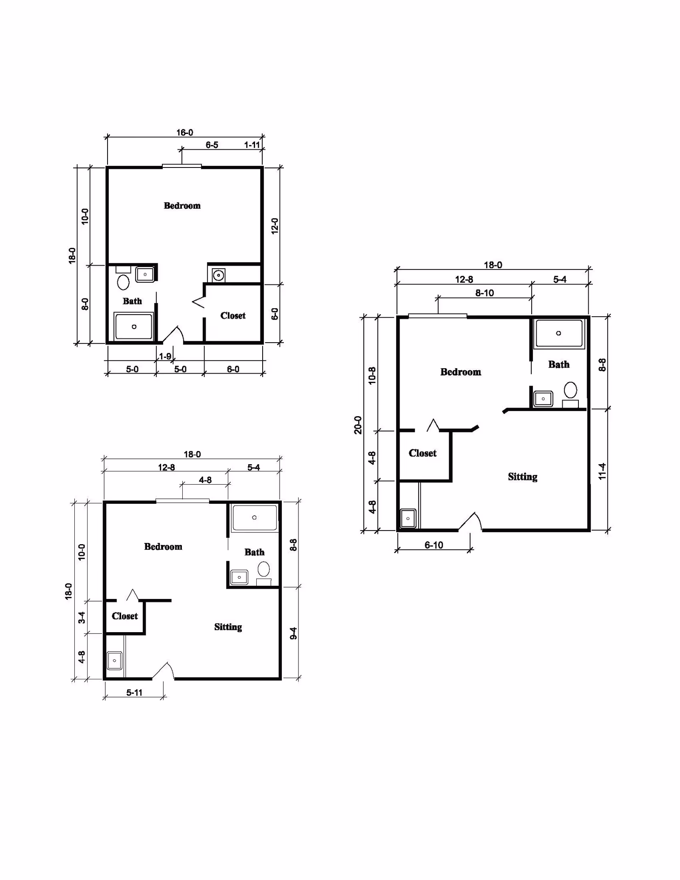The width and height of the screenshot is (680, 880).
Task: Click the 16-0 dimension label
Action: pyautogui.click(x=185, y=133)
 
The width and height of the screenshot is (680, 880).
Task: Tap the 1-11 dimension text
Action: pyautogui.click(x=252, y=145)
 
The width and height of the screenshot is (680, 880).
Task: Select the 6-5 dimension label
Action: pyautogui.click(x=212, y=145)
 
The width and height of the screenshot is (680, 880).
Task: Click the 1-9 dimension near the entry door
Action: pyautogui.click(x=165, y=356)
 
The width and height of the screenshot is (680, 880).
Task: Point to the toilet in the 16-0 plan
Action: pyautogui.click(x=123, y=282)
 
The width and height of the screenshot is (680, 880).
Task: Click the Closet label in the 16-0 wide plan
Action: pyautogui.click(x=233, y=315)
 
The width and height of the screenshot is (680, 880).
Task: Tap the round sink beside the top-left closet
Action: pyautogui.click(x=218, y=275)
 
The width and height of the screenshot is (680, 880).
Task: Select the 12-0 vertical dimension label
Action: pyautogui.click(x=275, y=226)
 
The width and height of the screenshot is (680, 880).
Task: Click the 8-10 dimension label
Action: pyautogui.click(x=484, y=293)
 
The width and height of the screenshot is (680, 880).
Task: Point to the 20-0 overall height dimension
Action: pyautogui.click(x=358, y=425)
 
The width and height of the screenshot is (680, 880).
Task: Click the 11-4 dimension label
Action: pyautogui.click(x=602, y=471)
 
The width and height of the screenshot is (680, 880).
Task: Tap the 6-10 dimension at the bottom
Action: pyautogui.click(x=434, y=545)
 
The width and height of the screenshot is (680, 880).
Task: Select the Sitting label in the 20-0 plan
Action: pyautogui.click(x=523, y=477)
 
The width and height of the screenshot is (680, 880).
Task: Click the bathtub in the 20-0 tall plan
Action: pyautogui.click(x=559, y=334)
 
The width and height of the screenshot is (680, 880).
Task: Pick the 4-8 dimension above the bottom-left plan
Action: pyautogui.click(x=205, y=480)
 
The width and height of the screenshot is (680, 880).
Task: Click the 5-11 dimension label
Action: pyautogui.click(x=134, y=693)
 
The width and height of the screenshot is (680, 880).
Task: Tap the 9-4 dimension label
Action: pyautogui.click(x=293, y=633)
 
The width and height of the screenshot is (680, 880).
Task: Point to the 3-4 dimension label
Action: pyautogui.click(x=82, y=617)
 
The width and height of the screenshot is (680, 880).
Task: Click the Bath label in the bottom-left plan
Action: pyautogui.click(x=254, y=552)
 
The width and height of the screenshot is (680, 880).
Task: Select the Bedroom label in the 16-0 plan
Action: pyautogui.click(x=182, y=206)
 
